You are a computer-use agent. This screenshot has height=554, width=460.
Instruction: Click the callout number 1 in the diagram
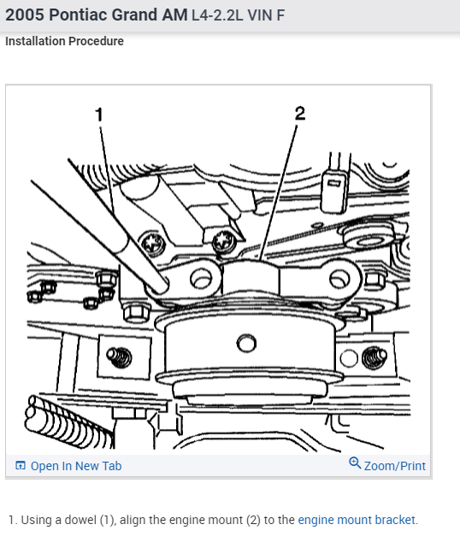tap(99, 115)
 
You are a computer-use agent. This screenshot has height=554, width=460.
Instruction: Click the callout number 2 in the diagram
tap(300, 113)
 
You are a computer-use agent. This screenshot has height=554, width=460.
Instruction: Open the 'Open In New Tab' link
tap(76, 466)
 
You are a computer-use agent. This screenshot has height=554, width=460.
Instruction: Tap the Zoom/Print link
tap(395, 466)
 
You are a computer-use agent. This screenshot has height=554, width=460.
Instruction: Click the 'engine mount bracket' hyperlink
tap(357, 520)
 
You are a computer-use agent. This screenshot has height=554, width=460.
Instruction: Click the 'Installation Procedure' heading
tap(64, 41)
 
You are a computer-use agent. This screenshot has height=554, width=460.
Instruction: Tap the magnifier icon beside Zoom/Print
tap(355, 463)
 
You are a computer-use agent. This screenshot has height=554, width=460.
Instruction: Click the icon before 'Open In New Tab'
tap(21, 466)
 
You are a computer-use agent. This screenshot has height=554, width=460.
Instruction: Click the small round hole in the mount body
tap(246, 343)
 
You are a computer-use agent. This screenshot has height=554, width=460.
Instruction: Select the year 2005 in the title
tap(25, 15)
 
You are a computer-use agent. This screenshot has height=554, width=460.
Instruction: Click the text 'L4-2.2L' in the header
tap(217, 15)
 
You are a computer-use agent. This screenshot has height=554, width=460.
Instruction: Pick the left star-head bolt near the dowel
tap(154, 244)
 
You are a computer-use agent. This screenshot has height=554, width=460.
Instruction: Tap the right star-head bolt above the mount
tap(223, 240)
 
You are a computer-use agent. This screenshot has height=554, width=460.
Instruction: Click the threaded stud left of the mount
tap(119, 357)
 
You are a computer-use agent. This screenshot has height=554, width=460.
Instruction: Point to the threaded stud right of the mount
tap(374, 357)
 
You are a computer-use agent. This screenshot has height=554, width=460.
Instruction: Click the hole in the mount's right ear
tap(339, 278)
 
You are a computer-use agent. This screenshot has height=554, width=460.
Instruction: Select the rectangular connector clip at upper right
tap(333, 192)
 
